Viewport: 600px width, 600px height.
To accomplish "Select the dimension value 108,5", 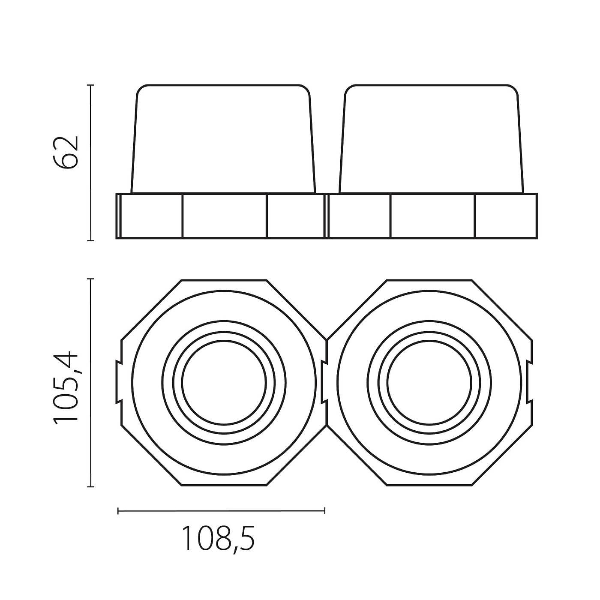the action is click(218, 538).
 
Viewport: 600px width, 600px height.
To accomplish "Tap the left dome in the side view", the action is click(223, 139).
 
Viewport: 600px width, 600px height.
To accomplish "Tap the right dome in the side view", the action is click(432, 139).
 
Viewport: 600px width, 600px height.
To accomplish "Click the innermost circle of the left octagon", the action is click(182, 383).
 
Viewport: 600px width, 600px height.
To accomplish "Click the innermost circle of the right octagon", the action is click(387, 383).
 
